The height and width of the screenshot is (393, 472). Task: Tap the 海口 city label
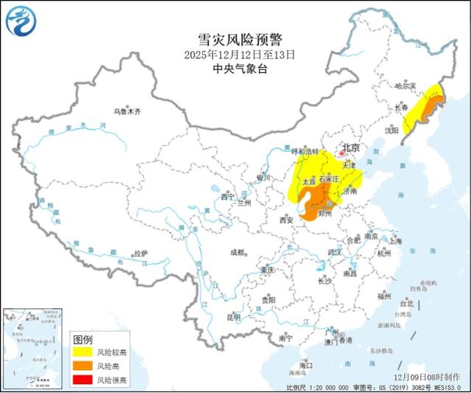coord(305,366)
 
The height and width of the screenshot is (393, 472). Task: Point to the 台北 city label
coord(406,303)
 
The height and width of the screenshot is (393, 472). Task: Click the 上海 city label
coord(394,240)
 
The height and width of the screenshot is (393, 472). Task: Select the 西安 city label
coord(286,220)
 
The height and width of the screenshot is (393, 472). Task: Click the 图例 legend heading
coord(83,339)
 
